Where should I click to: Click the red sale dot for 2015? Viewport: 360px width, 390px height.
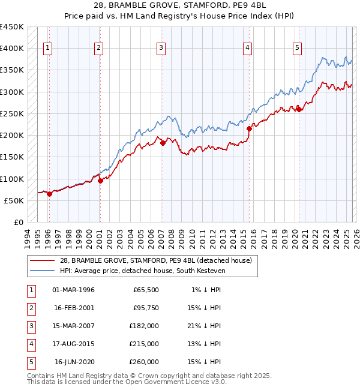tap(249, 128)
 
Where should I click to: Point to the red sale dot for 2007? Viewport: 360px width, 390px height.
tap(163, 143)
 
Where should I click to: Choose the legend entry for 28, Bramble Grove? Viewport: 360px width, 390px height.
tap(159, 260)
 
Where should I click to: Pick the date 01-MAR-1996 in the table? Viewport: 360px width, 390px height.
tap(74, 290)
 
